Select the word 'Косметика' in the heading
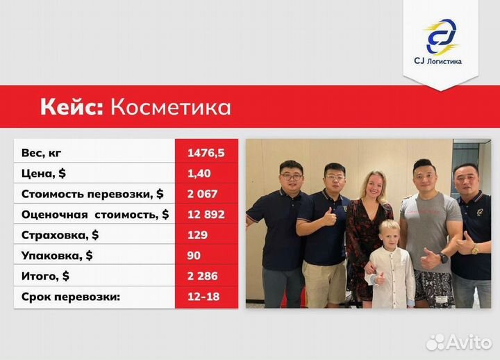click(x=171, y=107)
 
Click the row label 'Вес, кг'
click(x=46, y=152)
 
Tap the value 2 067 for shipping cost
click(x=202, y=193)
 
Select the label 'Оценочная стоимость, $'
click(x=94, y=214)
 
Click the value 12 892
click(x=206, y=214)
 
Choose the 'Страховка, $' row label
click(x=60, y=235)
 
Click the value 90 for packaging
click(x=194, y=256)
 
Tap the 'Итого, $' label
click(x=46, y=276)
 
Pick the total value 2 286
click(x=202, y=276)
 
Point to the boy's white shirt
click(x=390, y=275)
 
